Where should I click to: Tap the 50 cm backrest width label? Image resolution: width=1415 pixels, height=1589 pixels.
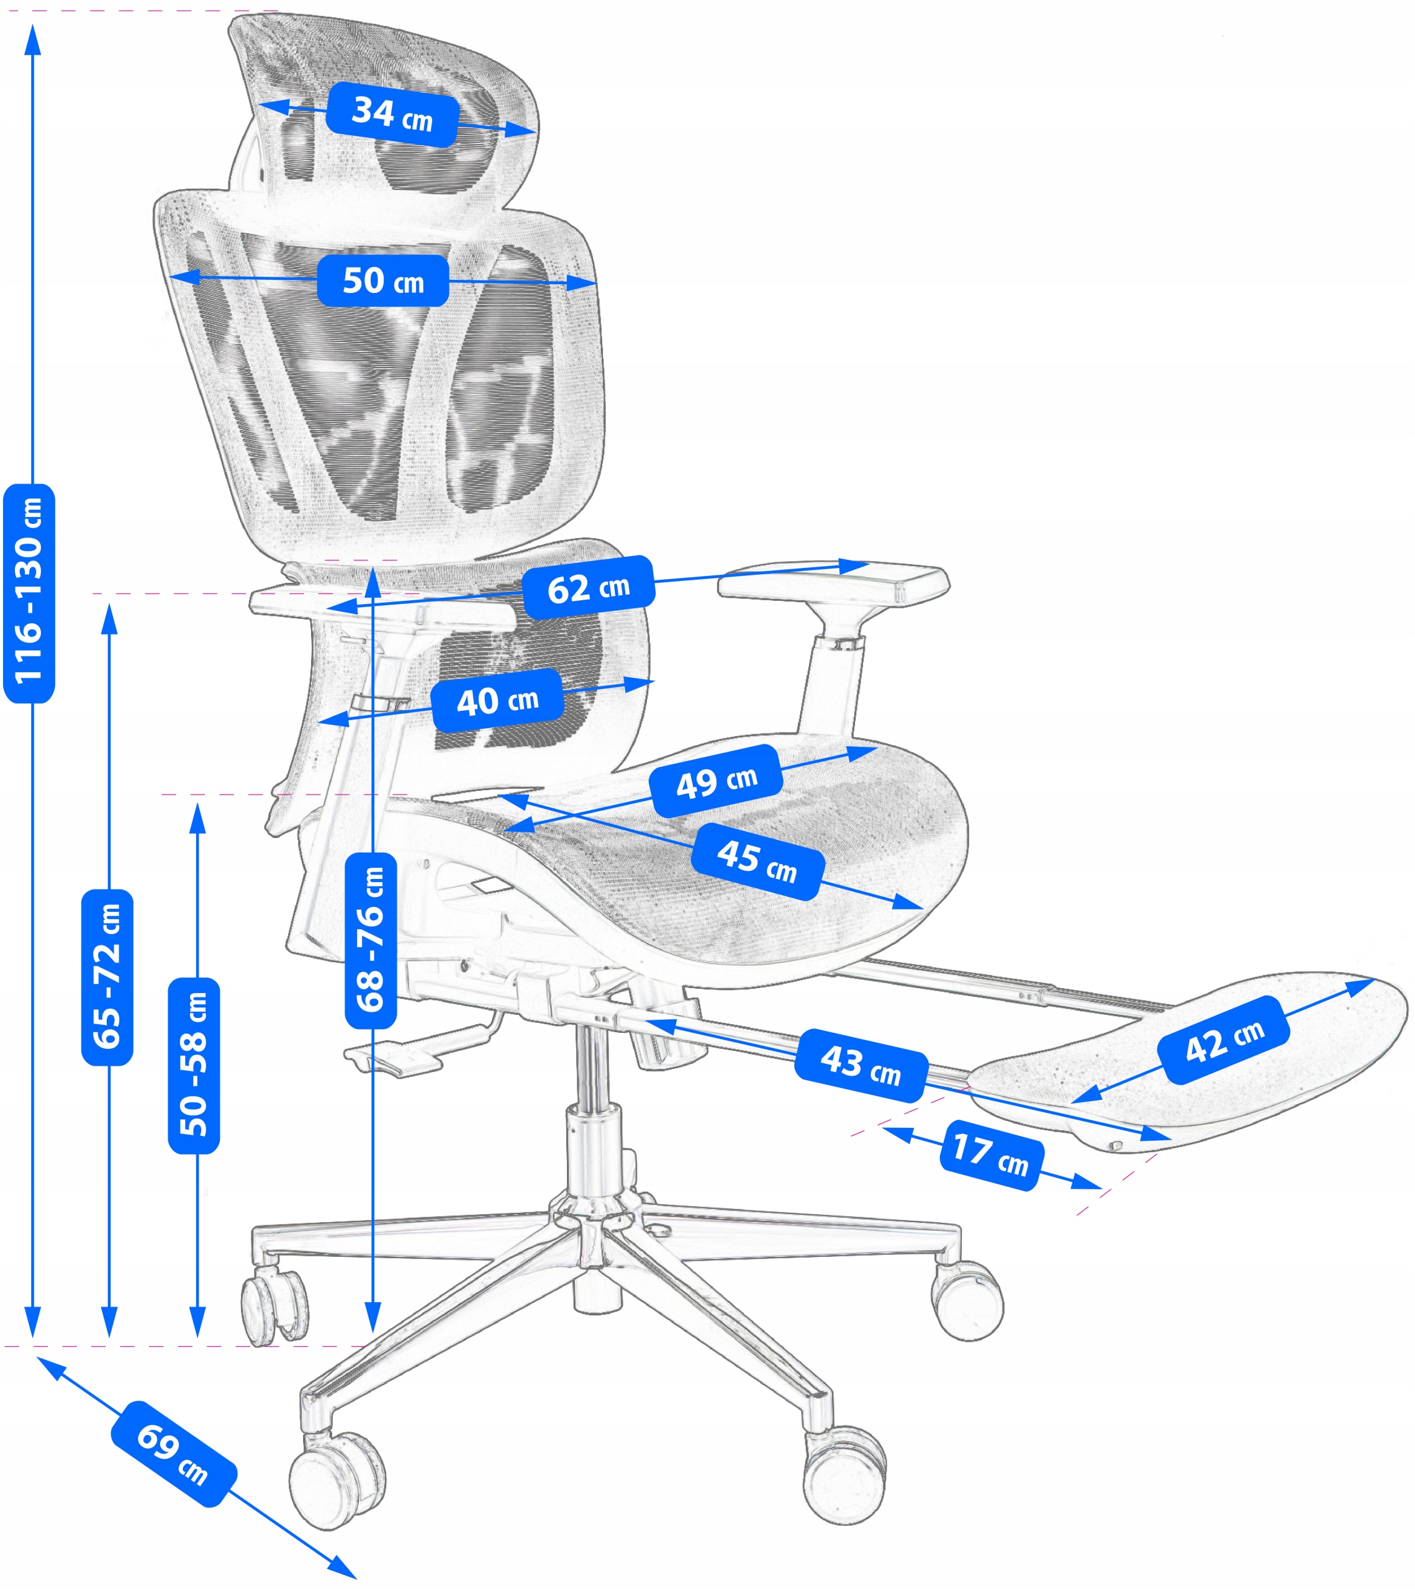pyautogui.click(x=382, y=281)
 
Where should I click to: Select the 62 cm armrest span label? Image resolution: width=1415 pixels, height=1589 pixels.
pyautogui.click(x=588, y=588)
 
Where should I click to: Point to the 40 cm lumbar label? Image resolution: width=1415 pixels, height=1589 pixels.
pyautogui.click(x=497, y=700)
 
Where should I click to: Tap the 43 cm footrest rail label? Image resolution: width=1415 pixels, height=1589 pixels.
pyautogui.click(x=861, y=1065)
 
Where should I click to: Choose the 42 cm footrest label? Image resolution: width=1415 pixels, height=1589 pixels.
pyautogui.click(x=1224, y=1040)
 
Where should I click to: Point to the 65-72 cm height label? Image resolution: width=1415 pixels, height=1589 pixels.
pyautogui.click(x=107, y=976)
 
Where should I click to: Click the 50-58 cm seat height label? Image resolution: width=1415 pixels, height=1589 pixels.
pyautogui.click(x=194, y=1065)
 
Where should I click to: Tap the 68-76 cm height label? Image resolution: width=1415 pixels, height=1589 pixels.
pyautogui.click(x=371, y=939)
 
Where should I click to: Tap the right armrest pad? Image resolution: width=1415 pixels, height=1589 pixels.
pyautogui.click(x=832, y=582)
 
